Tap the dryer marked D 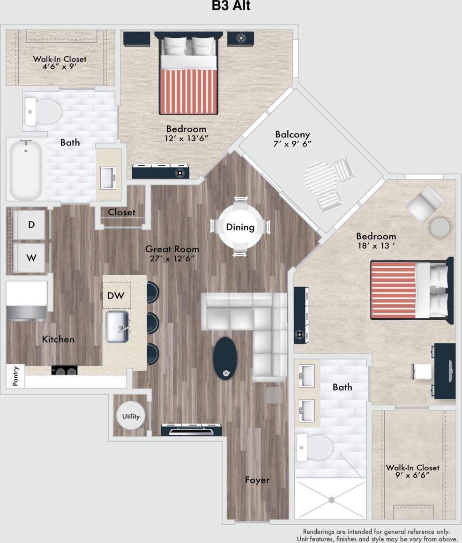click(31, 224)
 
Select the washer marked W click(31, 257)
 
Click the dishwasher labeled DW click(116, 295)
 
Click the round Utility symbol click(131, 416)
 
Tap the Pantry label click(15, 376)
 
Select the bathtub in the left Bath click(26, 170)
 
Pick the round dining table click(240, 227)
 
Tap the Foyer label click(257, 480)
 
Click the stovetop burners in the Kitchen click(64, 370)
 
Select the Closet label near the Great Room click(121, 212)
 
